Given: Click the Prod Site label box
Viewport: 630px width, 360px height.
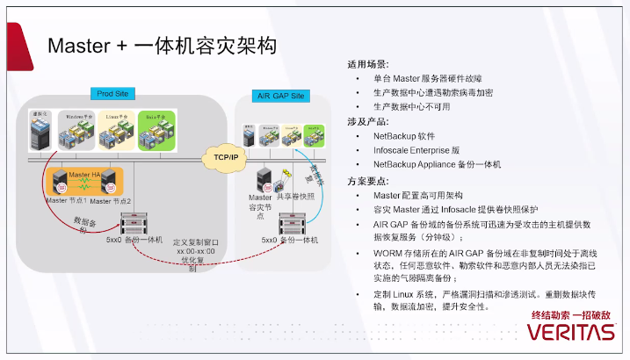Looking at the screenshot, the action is point(114,93).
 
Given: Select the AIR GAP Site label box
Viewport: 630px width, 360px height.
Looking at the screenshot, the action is point(279,95).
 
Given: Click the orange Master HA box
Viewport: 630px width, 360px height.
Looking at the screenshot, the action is point(84,182).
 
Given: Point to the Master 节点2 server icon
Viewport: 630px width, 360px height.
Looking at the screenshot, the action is point(110,181).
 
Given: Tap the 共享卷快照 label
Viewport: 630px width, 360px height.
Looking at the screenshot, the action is point(297,197).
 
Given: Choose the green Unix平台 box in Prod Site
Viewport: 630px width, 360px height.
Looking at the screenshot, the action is point(156,130).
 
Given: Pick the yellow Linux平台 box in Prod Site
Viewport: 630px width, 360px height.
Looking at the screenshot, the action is point(117,131).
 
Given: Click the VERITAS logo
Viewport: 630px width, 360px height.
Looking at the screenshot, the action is point(572,333).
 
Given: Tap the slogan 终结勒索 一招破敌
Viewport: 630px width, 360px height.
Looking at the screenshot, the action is point(570,314).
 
